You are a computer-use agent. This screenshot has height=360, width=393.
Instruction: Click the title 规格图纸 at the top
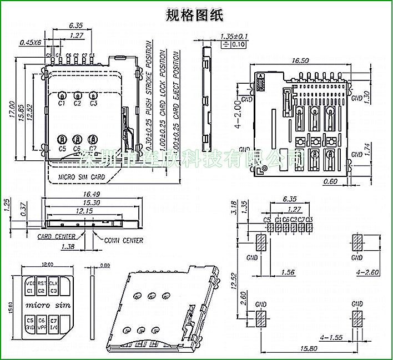(195, 15)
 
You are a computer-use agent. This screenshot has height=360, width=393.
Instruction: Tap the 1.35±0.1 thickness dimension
(234, 36)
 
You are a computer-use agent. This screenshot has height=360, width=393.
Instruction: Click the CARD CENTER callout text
(57, 236)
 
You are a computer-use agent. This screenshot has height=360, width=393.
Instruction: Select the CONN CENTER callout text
(124, 240)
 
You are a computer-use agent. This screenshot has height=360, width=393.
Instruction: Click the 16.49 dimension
(90, 195)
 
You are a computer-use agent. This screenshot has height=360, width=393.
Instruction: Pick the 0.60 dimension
(330, 181)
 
